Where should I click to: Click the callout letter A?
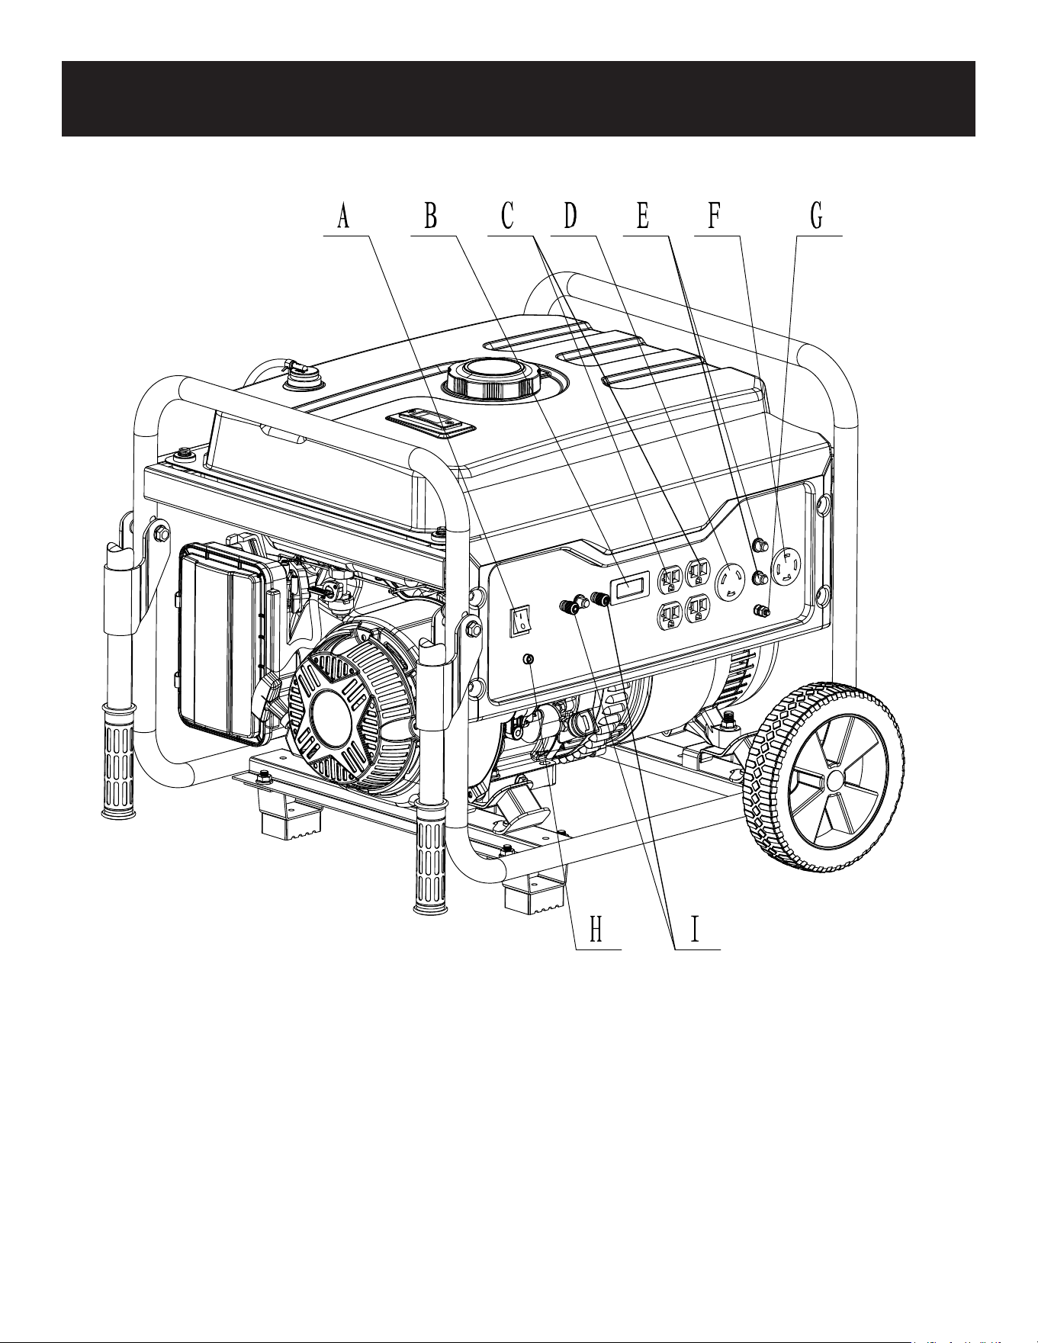point(343,217)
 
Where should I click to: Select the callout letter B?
point(431,217)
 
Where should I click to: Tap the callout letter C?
point(507,217)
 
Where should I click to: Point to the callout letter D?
point(570,217)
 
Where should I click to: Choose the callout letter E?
point(642,217)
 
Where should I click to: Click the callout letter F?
point(714,217)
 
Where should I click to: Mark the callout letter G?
point(817,217)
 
